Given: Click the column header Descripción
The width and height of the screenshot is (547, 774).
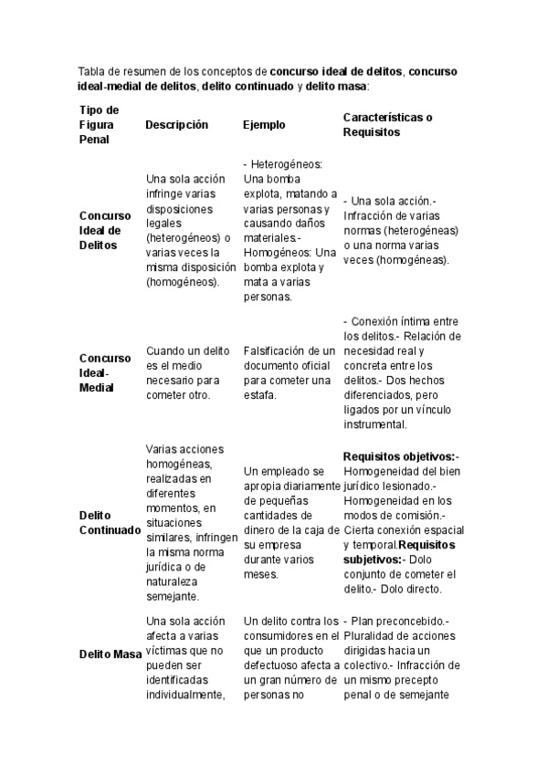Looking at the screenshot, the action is tap(177, 125).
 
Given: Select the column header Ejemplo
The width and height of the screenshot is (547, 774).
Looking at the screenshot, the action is tap(264, 125).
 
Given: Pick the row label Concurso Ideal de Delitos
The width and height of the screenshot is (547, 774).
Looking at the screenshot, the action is tap(100, 230).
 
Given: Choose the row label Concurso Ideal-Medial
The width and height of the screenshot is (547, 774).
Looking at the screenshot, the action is tap(105, 372).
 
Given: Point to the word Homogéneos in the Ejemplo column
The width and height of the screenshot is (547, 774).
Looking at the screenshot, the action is tap(275, 252).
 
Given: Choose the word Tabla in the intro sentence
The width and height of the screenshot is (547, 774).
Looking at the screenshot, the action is tap(93, 71).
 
